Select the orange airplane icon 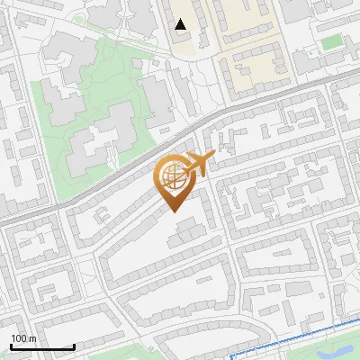[200, 163]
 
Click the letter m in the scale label [33, 338]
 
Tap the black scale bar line [41, 347]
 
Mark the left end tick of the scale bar [10, 346]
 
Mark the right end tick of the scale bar [74, 346]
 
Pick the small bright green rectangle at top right [333, 41]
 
